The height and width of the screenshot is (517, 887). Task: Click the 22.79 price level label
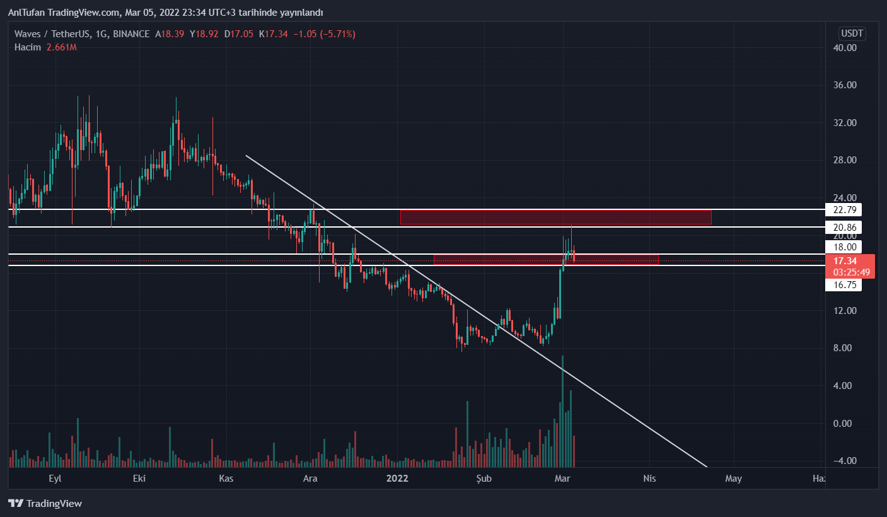pyautogui.click(x=843, y=209)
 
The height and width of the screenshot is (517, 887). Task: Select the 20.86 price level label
pyautogui.click(x=843, y=227)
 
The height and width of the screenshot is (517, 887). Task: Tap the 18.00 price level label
pyautogui.click(x=843, y=247)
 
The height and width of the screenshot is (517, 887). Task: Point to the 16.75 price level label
pyautogui.click(x=843, y=284)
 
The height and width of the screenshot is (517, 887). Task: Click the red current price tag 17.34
pyautogui.click(x=844, y=261)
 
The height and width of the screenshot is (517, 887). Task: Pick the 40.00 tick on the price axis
pyautogui.click(x=844, y=48)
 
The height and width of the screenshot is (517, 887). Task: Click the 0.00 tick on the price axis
pyautogui.click(x=844, y=423)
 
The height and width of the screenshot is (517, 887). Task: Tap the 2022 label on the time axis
pyautogui.click(x=397, y=479)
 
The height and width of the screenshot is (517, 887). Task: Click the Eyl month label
pyautogui.click(x=55, y=479)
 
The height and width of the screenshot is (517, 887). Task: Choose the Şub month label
pyautogui.click(x=483, y=479)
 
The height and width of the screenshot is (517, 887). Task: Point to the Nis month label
pyautogui.click(x=649, y=479)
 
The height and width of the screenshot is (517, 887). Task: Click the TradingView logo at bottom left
pyautogui.click(x=45, y=503)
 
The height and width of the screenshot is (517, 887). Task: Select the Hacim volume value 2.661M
pyautogui.click(x=62, y=47)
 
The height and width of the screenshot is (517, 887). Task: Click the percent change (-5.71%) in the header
pyautogui.click(x=337, y=34)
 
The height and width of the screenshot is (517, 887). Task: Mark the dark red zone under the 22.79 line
pyautogui.click(x=555, y=217)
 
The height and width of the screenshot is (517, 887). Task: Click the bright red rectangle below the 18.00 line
pyautogui.click(x=546, y=259)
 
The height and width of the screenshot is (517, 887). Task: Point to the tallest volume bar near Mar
pyautogui.click(x=562, y=410)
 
